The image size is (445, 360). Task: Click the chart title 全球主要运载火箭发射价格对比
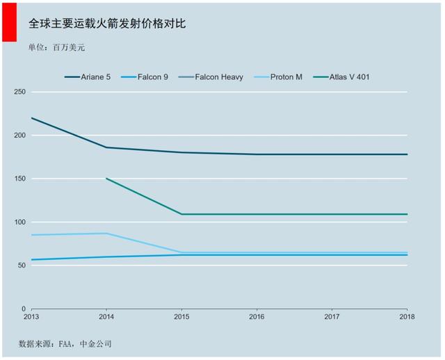106,24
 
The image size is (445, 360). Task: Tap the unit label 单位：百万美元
57,47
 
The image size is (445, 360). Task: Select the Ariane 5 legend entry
88,77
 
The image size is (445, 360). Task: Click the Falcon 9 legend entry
144,77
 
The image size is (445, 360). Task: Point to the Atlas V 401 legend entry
341,77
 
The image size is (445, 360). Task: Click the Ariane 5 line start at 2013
32,118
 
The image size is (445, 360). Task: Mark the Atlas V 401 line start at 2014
106,179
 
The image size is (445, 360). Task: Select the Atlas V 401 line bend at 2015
181,214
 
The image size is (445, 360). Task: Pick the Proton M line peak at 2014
106,234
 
